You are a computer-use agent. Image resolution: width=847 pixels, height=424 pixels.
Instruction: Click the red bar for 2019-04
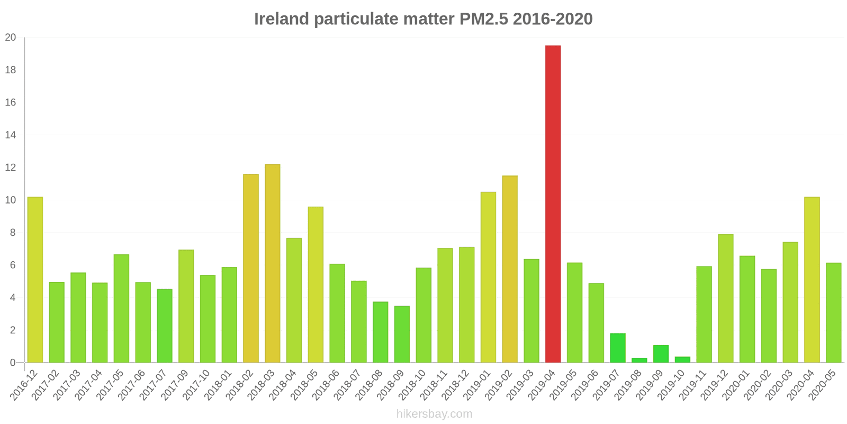553,204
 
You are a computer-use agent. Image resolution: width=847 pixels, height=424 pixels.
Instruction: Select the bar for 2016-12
35,280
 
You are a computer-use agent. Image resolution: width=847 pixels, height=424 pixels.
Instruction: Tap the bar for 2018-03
272,263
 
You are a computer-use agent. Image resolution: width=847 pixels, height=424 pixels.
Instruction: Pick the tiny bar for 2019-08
639,360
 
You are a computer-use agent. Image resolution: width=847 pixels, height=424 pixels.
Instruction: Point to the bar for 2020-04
812,280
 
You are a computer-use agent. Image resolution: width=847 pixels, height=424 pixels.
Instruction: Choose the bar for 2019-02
510,269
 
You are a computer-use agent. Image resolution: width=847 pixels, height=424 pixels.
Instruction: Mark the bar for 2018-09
402,334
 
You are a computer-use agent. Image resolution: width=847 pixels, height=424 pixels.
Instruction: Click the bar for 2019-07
617,348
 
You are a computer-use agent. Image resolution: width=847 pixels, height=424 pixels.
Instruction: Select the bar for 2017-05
121,308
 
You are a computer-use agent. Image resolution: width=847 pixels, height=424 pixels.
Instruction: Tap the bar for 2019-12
725,298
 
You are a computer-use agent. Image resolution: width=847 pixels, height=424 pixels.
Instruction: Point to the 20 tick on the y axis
11,38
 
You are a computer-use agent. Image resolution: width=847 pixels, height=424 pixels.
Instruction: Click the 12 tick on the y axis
11,167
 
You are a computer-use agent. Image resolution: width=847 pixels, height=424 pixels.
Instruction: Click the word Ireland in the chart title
281,19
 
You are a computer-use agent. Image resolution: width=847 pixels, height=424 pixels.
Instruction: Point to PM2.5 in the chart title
483,19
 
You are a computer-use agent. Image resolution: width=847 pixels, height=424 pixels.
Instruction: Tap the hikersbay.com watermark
434,414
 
